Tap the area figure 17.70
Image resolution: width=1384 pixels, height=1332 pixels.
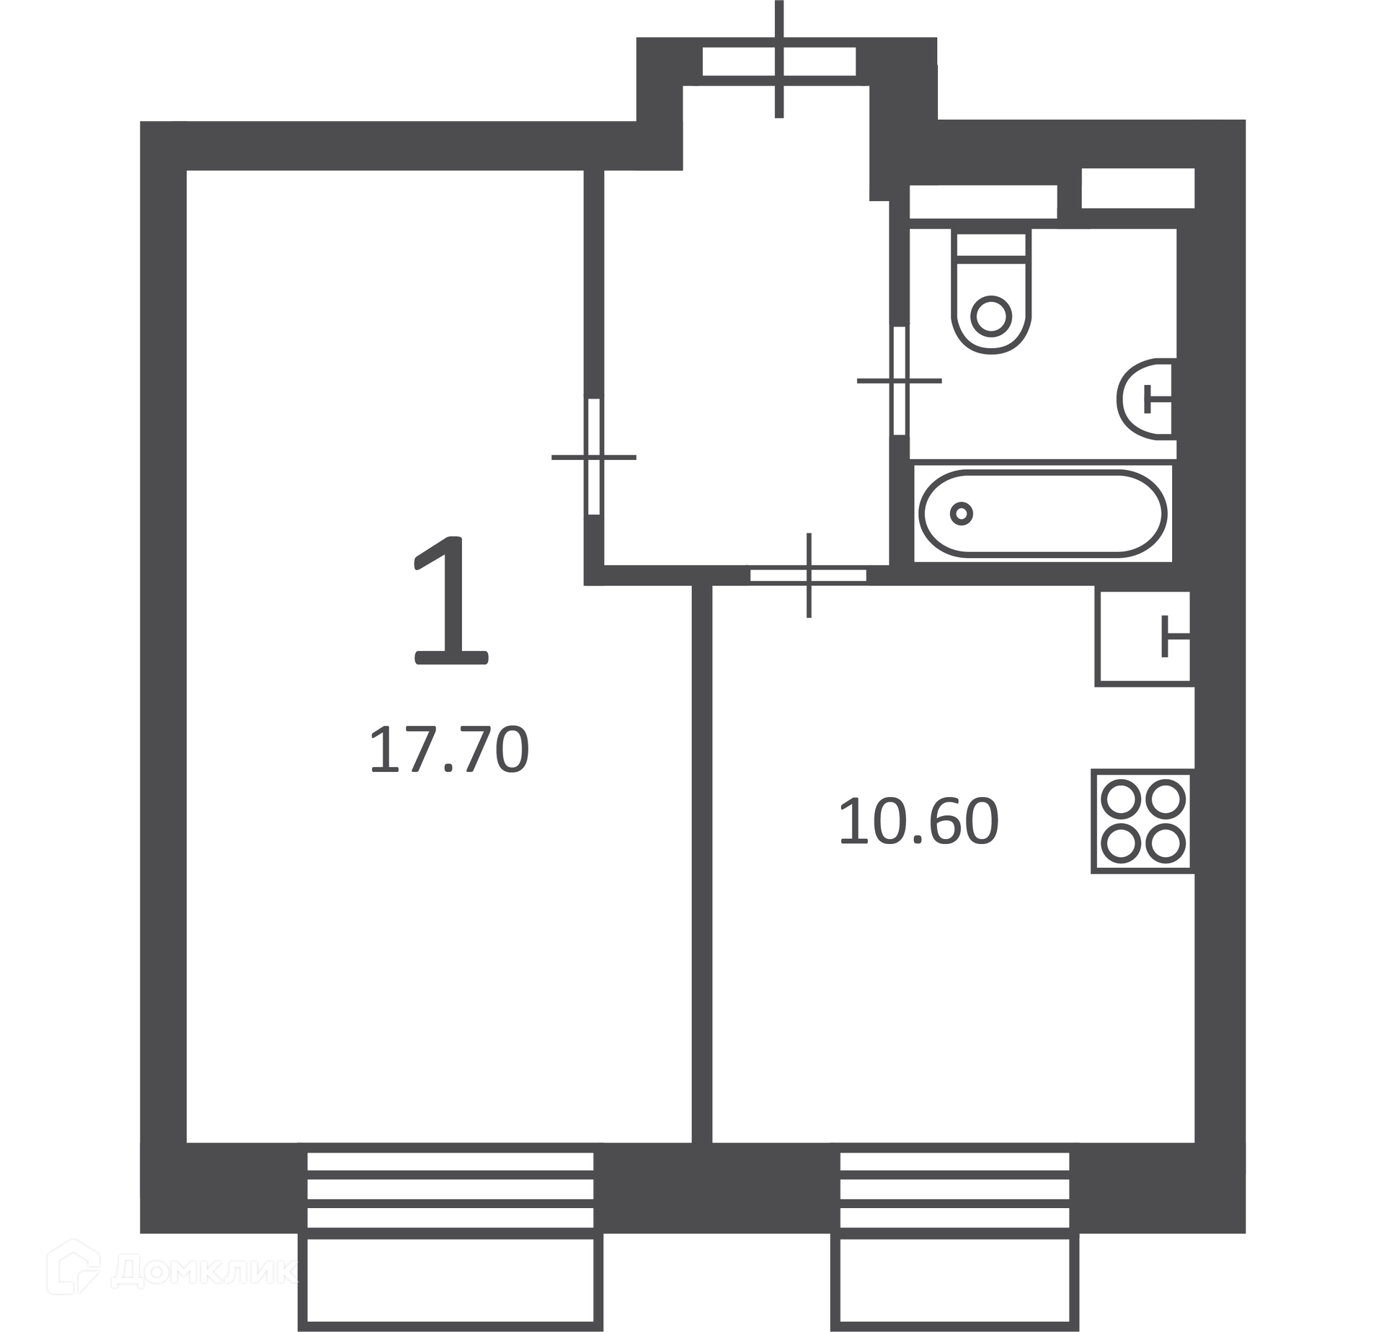(449, 750)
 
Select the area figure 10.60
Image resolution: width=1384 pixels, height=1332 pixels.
(918, 821)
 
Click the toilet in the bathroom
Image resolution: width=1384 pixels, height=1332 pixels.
(991, 291)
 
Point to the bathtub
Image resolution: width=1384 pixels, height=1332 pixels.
(1042, 514)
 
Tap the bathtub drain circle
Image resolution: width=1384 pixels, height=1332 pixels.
(961, 514)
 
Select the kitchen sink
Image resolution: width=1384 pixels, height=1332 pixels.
(1143, 637)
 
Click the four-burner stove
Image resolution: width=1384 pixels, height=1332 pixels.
(1143, 821)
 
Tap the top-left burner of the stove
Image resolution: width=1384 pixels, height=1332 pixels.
(1122, 799)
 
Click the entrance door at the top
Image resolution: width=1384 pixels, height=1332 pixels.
(779, 61)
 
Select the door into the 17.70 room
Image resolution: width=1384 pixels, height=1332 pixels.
(594, 456)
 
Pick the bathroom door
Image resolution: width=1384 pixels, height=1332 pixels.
(900, 381)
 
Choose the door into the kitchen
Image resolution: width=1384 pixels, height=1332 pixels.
(808, 575)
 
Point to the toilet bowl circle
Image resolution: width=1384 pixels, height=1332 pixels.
(991, 316)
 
